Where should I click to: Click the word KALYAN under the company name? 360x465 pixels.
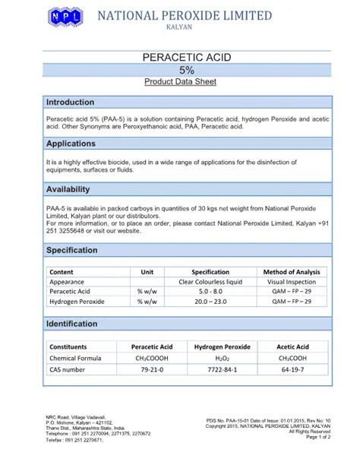179,27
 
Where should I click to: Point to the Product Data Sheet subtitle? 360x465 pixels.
181,82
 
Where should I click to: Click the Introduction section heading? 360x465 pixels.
71,103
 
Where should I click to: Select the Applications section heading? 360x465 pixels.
71,144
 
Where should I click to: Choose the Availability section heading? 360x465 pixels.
68,189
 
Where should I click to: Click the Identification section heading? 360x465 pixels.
72,324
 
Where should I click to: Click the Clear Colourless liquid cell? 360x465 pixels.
210,282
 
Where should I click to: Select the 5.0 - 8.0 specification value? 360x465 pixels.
210,292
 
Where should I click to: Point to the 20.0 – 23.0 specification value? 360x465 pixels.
210,302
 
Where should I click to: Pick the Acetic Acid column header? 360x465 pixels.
292,346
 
